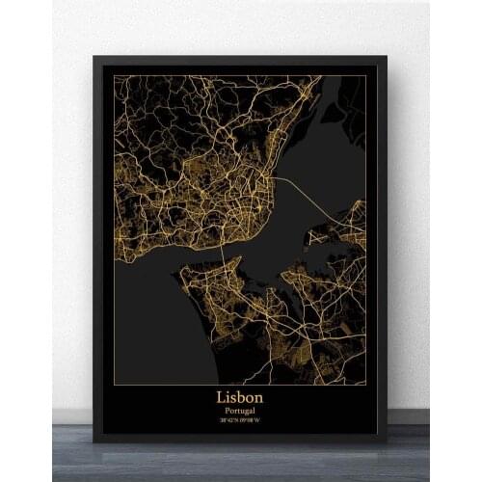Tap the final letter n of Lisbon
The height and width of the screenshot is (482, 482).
tap(260, 396)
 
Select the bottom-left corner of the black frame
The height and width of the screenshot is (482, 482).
tap(94, 441)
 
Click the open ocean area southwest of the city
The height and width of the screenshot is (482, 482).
tap(145, 318)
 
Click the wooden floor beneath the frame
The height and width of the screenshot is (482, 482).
tap(241, 463)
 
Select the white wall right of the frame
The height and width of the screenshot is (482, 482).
tap(434, 241)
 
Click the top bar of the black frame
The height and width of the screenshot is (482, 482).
tap(241, 61)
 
